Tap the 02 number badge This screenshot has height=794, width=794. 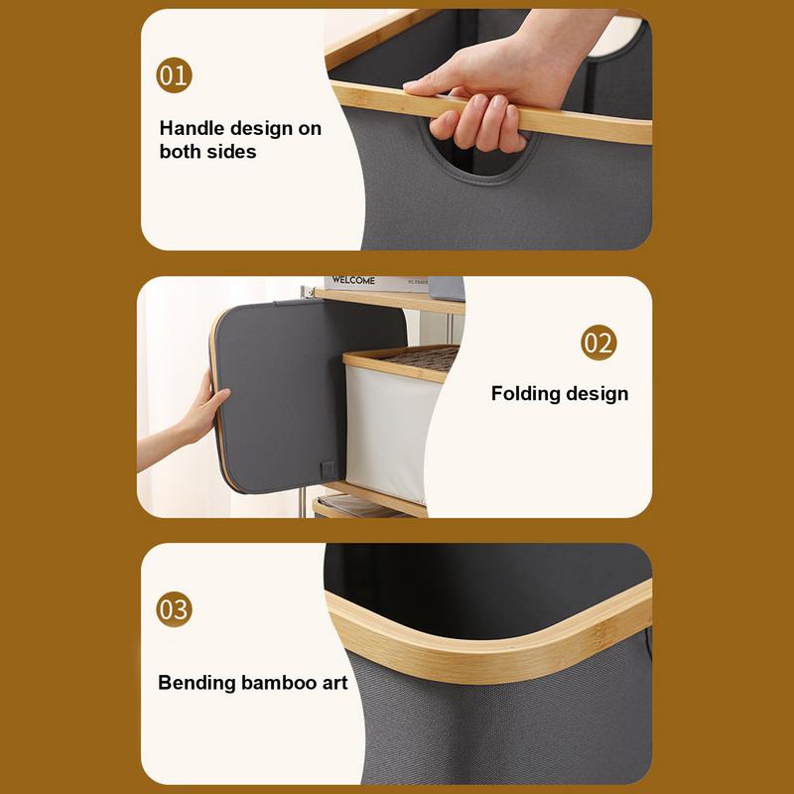(x=597, y=343)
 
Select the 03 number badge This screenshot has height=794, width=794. (x=174, y=608)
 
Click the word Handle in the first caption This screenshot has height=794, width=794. (x=193, y=128)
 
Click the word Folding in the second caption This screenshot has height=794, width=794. (x=527, y=393)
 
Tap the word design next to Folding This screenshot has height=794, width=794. (x=596, y=393)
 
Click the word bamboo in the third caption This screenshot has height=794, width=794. (x=281, y=683)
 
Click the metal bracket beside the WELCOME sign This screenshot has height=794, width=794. (x=447, y=288)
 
